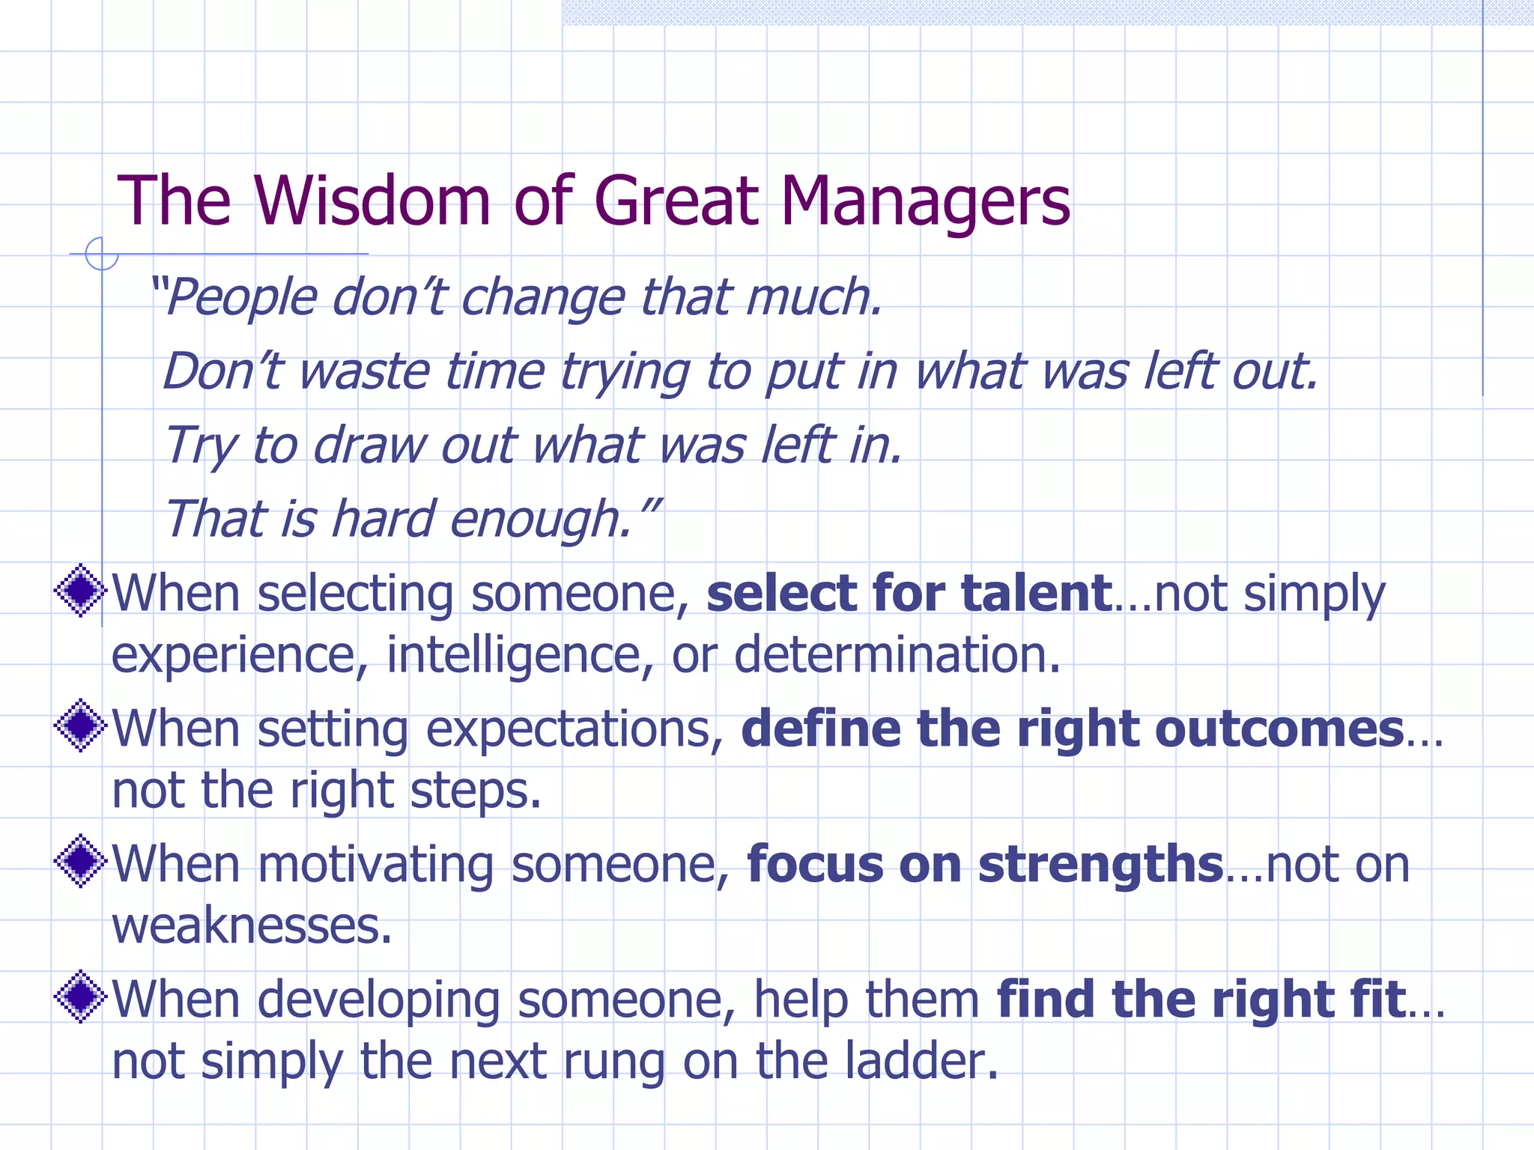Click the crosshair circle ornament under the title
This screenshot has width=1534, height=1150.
point(101,254)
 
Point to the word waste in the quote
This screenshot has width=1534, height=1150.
point(364,371)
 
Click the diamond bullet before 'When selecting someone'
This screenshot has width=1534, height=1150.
point(80,591)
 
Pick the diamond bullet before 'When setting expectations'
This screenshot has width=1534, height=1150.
point(80,725)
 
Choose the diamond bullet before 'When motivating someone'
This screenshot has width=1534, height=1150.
point(80,861)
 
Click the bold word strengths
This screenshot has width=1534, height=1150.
point(1100,865)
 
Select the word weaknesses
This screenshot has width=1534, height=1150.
point(252,927)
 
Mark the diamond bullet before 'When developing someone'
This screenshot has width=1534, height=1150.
point(80,997)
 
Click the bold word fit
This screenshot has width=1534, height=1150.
point(1377,1000)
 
